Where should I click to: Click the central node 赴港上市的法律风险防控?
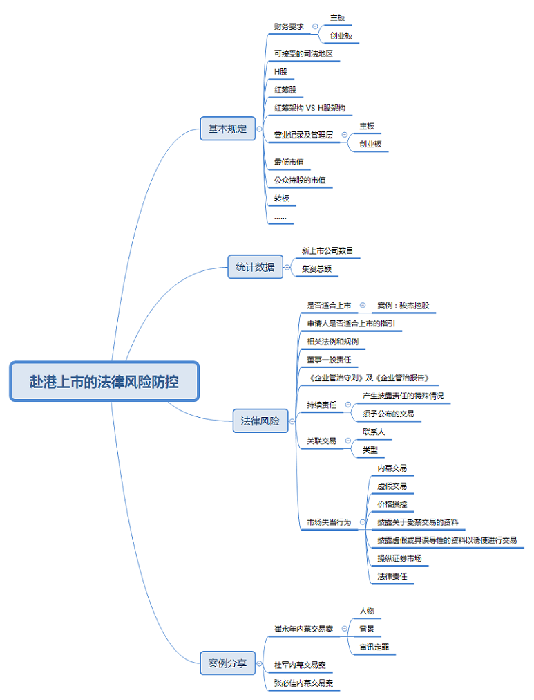tap(104, 381)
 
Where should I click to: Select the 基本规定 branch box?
tap(227, 129)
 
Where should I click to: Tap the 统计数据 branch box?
tap(255, 267)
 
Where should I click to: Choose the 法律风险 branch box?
tap(260, 421)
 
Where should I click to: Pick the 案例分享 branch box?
tap(227, 663)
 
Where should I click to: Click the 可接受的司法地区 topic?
tap(303, 53)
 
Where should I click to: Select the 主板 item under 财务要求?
tap(337, 17)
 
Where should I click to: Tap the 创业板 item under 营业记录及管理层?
tap(370, 144)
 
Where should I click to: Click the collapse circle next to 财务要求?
tap(316, 26)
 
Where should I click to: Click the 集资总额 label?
tap(316, 269)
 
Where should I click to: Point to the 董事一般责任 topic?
tap(329, 360)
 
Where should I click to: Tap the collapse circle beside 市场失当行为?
tap(363, 522)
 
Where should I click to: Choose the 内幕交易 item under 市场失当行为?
tap(392, 468)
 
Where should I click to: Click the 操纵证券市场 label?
tap(399, 558)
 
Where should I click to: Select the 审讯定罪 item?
tap(374, 647)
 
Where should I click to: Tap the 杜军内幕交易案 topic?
tap(300, 665)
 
